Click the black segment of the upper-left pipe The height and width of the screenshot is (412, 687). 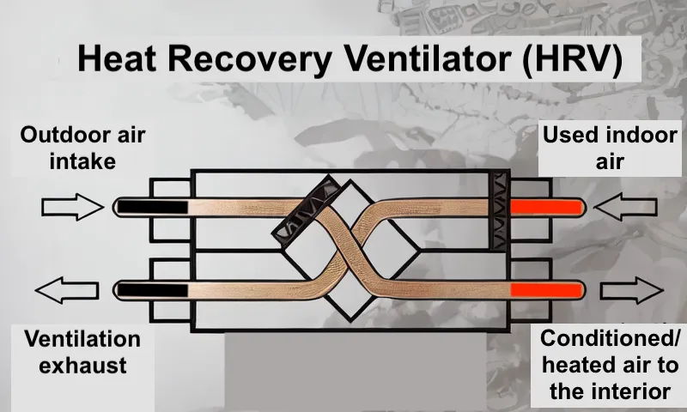pos(153,207)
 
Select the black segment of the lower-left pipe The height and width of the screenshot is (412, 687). pos(153,289)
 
